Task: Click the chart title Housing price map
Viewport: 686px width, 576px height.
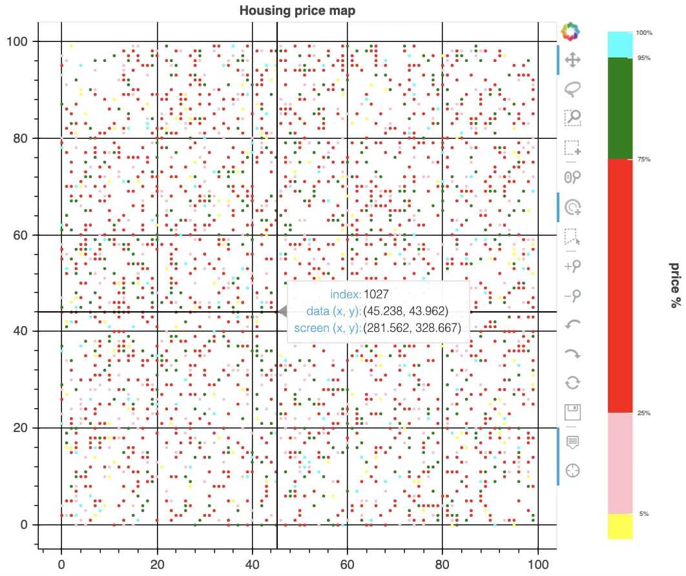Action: pos(297,10)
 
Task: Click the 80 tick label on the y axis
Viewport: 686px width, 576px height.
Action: pos(23,138)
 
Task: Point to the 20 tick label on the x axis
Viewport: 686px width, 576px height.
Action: pos(157,564)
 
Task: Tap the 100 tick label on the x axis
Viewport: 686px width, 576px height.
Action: pos(537,564)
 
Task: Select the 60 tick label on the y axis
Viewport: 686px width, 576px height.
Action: pos(23,235)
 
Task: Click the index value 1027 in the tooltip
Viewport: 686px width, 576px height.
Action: pos(375,294)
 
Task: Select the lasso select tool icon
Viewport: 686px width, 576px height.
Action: pos(572,88)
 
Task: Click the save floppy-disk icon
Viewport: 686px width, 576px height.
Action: pos(572,412)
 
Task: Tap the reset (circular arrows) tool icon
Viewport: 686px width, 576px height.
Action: pos(572,382)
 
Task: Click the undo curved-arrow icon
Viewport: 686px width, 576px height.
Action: pos(572,325)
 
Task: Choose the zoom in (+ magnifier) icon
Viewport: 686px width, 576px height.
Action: pos(572,265)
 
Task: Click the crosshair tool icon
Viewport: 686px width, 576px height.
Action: pos(572,470)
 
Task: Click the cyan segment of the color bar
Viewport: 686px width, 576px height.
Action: pos(619,45)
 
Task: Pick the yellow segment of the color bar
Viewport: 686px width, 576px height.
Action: pos(619,526)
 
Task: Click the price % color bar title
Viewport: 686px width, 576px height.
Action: pos(674,285)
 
